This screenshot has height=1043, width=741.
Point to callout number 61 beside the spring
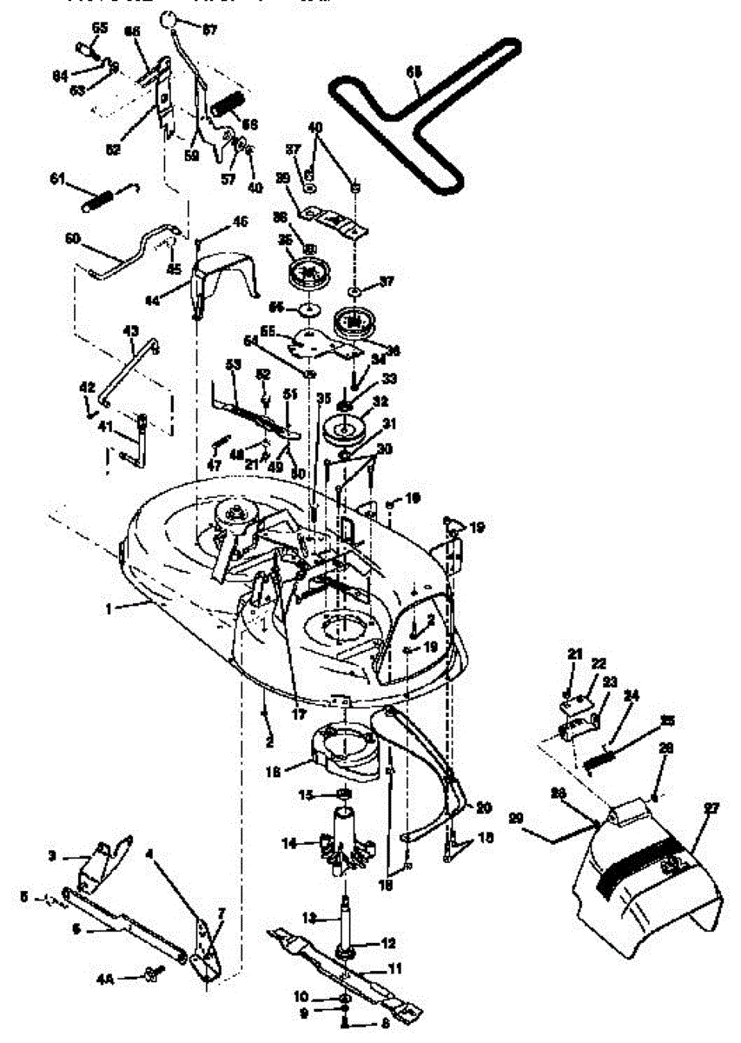(57, 179)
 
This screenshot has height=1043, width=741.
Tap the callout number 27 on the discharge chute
(711, 807)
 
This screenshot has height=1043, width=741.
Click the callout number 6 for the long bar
(76, 928)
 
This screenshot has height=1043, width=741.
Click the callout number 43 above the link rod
(131, 331)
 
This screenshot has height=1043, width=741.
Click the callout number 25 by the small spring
(666, 721)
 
